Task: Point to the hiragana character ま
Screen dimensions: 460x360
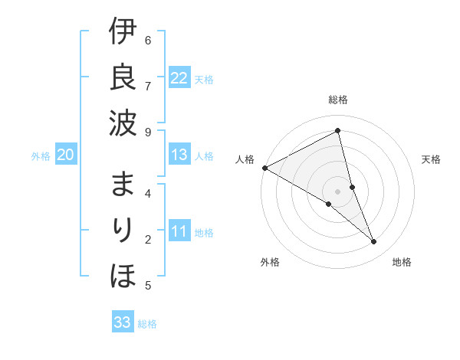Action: [123, 185]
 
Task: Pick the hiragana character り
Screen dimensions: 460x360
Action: [124, 230]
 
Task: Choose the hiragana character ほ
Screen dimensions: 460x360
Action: [123, 274]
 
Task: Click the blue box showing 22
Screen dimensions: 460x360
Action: [179, 77]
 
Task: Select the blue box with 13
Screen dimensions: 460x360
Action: [179, 155]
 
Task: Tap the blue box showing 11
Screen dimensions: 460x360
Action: [179, 231]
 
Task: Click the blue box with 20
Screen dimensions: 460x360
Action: [65, 155]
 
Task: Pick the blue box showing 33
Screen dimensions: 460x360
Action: [123, 322]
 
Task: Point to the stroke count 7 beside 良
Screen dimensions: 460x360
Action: [148, 85]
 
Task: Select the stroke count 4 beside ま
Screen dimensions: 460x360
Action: [148, 193]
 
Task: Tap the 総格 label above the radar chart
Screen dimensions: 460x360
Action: [337, 100]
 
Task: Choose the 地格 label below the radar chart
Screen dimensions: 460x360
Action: [402, 262]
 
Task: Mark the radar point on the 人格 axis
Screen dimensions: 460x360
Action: [264, 168]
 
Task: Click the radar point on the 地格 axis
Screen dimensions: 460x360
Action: [374, 242]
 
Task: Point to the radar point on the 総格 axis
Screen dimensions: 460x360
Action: [337, 130]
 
